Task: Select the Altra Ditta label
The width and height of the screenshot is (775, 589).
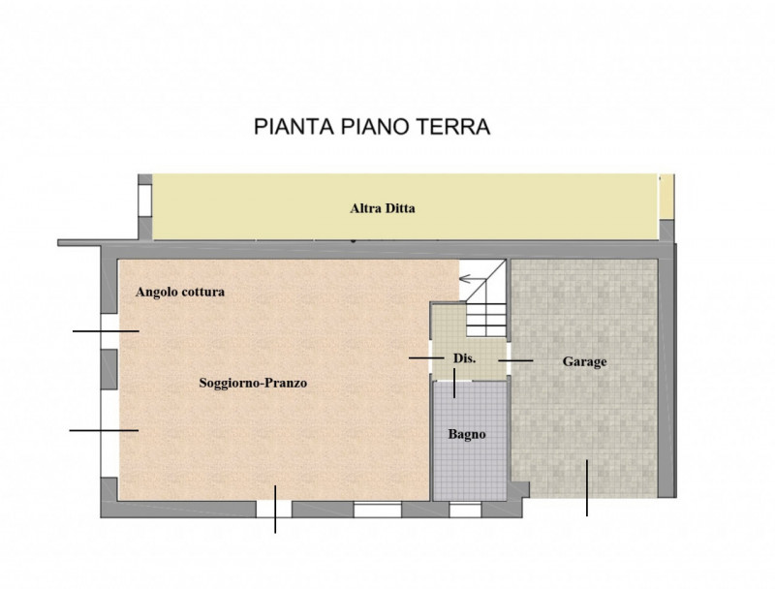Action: (382, 207)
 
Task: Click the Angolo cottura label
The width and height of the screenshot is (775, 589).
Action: (180, 292)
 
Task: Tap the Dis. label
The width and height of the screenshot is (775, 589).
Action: (464, 359)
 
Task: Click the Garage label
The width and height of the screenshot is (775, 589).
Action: (584, 361)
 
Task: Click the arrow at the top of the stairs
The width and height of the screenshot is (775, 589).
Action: (473, 280)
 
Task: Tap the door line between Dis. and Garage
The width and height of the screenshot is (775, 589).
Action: (515, 360)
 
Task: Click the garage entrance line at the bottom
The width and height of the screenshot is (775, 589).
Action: (587, 486)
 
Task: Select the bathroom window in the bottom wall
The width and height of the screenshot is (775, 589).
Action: (465, 508)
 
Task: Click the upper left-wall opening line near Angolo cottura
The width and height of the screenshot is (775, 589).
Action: (105, 331)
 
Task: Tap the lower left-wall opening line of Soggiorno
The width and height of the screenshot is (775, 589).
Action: (103, 429)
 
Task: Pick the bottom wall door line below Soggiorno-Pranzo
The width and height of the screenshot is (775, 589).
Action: (275, 508)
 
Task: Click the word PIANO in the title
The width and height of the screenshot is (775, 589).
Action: (373, 127)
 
